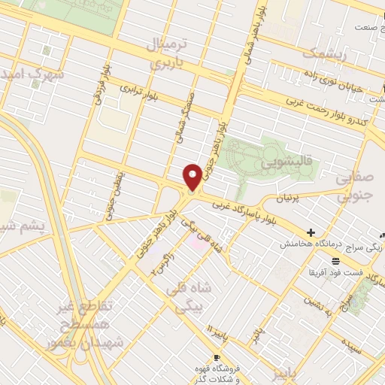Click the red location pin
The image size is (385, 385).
coord(192,176)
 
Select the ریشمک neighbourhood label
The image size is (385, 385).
coord(324,53)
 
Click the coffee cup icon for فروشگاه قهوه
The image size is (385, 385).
coord(217,357)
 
